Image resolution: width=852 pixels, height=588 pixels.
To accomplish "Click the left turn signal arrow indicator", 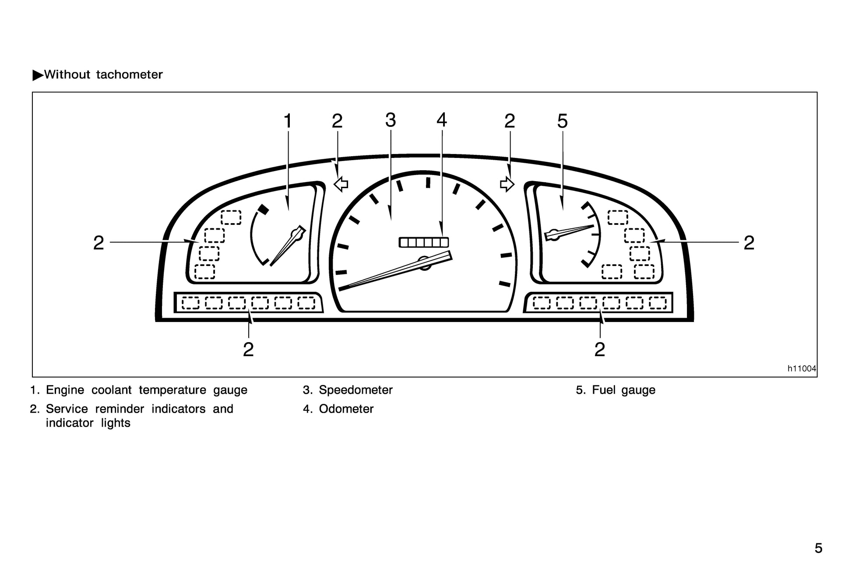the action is [341, 184].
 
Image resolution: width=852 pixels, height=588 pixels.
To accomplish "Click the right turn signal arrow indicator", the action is [507, 184].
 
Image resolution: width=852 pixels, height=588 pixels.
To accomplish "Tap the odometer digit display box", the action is [424, 242].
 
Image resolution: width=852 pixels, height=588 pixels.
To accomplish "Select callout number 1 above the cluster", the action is [288, 121].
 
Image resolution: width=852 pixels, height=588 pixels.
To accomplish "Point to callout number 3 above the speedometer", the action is [391, 120].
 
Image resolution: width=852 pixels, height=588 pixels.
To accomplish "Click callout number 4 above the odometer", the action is [442, 120].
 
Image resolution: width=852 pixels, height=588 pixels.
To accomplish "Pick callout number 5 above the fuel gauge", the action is [563, 121].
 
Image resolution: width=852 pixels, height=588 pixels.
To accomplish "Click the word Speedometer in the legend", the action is [356, 390].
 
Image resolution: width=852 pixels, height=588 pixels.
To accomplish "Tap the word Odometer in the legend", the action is [346, 409].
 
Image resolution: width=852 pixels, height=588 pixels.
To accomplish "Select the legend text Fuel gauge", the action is [623, 390].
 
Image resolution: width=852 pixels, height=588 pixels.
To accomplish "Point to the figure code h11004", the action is [802, 369].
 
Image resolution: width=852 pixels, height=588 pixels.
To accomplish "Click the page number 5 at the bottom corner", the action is [818, 548].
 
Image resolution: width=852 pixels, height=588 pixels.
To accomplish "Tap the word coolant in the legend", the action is [111, 390].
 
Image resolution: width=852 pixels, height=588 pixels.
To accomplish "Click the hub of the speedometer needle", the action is [424, 263].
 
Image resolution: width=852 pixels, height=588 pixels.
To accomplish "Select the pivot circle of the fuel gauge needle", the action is [553, 234].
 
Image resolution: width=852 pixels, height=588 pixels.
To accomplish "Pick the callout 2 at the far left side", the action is [99, 243].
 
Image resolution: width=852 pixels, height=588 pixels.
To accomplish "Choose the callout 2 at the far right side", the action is [749, 243].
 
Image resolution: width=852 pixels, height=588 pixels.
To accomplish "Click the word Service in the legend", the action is [67, 409].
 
